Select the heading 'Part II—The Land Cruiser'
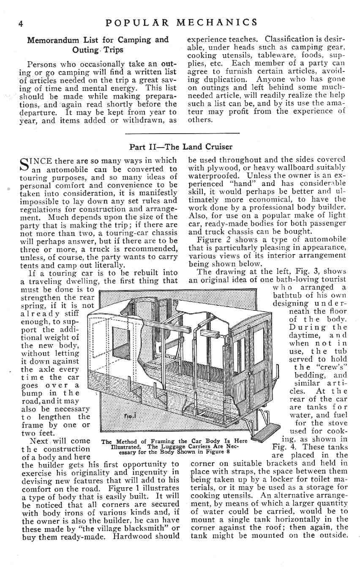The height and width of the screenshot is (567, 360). click(x=181, y=147)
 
